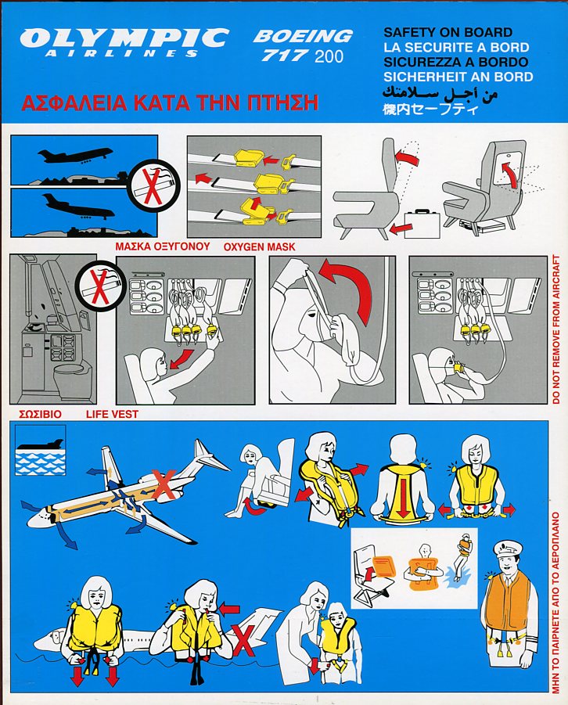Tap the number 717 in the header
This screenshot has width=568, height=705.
coord(285,56)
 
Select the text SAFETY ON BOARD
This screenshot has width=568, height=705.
coord(448,32)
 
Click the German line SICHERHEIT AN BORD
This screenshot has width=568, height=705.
coord(458,77)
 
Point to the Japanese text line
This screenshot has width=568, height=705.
coord(430,110)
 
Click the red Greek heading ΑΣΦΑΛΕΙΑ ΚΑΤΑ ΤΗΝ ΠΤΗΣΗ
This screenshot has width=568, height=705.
coord(170,103)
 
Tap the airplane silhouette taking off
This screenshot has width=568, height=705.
coord(75,156)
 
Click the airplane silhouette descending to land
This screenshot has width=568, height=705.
coord(77,206)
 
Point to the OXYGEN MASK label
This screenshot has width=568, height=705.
coord(260,246)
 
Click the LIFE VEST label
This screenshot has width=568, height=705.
coord(112,414)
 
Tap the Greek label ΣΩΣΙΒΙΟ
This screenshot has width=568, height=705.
coord(41,414)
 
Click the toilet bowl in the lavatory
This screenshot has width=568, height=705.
coord(70,374)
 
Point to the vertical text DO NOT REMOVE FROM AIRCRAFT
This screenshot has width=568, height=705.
coord(556,329)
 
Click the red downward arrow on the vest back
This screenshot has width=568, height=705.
coord(402,498)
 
